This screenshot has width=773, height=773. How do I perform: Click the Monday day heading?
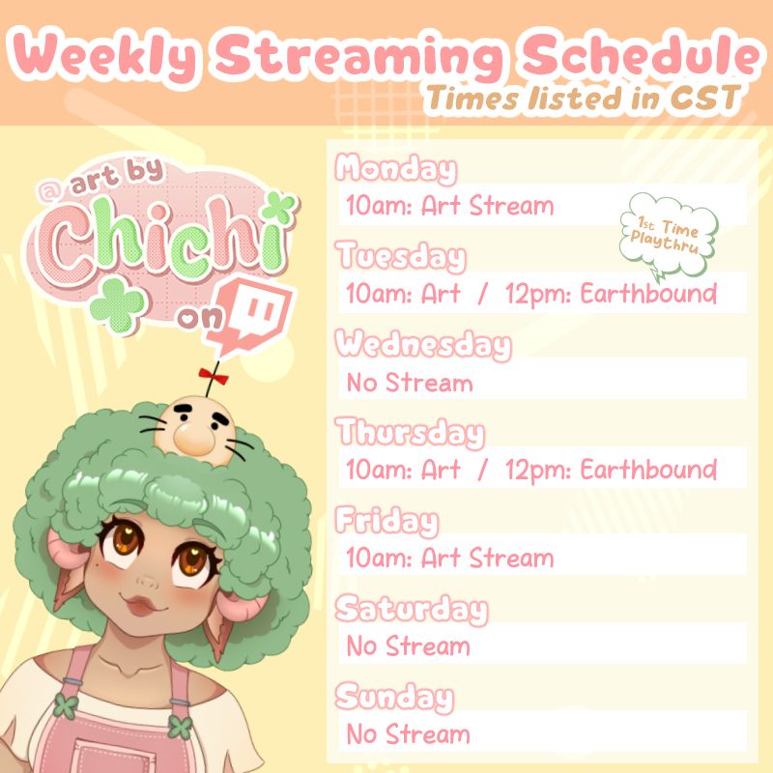pyautogui.click(x=396, y=169)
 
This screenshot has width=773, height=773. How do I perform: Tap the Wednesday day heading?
pyautogui.click(x=423, y=345)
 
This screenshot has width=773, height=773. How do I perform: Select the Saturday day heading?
pyautogui.click(x=412, y=610)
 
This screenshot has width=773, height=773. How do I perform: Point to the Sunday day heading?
pyautogui.click(x=394, y=697)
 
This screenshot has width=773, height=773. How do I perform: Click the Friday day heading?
pyautogui.click(x=387, y=521)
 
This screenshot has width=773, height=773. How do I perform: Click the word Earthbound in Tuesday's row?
pyautogui.click(x=648, y=294)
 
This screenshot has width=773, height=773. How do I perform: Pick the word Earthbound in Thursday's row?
pyautogui.click(x=648, y=470)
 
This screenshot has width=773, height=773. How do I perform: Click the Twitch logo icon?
pyautogui.click(x=249, y=316)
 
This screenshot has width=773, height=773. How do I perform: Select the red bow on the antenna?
pyautogui.click(x=214, y=376)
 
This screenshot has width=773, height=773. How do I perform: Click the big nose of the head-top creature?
pyautogui.click(x=194, y=439)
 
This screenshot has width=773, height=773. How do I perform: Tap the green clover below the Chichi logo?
pyautogui.click(x=117, y=305)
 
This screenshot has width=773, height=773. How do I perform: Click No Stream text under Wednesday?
pyautogui.click(x=410, y=383)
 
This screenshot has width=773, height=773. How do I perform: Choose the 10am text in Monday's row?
pyautogui.click(x=378, y=206)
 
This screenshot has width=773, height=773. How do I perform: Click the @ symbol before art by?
pyautogui.click(x=49, y=190)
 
